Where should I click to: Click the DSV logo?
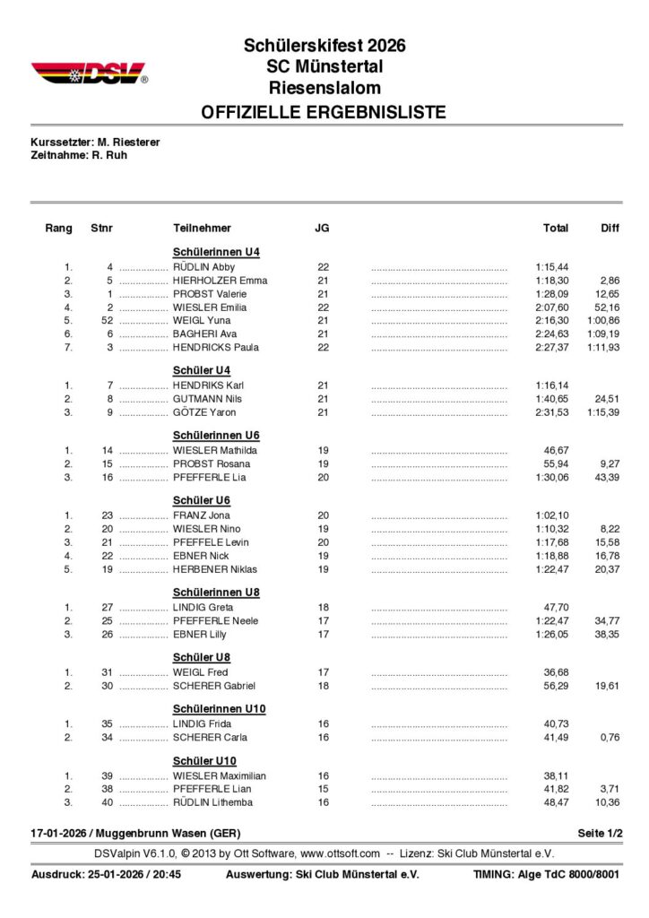89,73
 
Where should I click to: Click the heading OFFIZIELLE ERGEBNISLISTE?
324,113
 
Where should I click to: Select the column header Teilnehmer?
202,229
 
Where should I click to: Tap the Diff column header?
610,229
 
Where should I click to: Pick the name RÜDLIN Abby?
203,267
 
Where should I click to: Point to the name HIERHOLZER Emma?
221,281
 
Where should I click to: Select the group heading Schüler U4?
202,369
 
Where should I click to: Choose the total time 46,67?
557,451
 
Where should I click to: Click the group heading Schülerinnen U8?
216,593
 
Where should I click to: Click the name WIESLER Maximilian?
220,776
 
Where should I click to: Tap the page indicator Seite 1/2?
600,834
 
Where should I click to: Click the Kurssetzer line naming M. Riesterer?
96,142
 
